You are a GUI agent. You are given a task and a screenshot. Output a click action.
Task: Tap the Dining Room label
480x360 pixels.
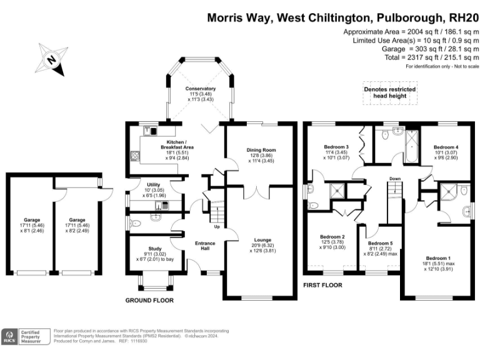click(x=261, y=150)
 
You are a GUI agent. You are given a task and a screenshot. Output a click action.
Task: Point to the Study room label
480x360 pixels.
click(x=154, y=248)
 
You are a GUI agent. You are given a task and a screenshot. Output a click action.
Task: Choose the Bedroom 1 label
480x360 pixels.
click(x=437, y=258)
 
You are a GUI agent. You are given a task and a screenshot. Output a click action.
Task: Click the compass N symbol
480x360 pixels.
click(x=52, y=60)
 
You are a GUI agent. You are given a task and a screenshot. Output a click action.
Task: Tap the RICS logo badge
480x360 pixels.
click(x=9, y=337)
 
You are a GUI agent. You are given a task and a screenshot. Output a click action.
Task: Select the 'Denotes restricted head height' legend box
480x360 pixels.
click(x=390, y=92)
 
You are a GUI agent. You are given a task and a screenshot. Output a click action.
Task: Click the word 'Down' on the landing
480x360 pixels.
click(x=395, y=179)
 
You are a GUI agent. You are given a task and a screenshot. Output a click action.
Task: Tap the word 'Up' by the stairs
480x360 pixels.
click(x=217, y=226)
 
